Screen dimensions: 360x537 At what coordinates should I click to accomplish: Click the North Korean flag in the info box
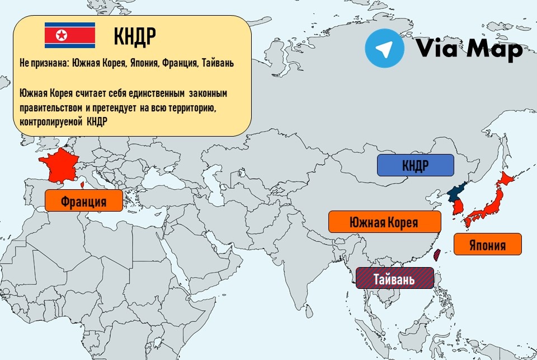[70, 36]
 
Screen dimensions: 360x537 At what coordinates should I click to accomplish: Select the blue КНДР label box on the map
[415, 165]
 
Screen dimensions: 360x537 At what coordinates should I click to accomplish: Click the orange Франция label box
[83, 200]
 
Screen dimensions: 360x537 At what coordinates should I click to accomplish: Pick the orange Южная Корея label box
[384, 222]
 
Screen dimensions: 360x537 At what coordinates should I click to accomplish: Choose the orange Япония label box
[487, 244]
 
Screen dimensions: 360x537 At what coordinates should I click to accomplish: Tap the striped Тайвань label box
[395, 278]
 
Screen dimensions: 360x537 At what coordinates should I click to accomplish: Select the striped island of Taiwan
[437, 255]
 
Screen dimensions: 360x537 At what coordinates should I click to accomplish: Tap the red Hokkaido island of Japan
[505, 179]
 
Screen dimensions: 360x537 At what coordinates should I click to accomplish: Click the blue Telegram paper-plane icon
[384, 49]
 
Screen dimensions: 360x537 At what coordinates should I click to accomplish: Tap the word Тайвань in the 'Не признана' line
[217, 64]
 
